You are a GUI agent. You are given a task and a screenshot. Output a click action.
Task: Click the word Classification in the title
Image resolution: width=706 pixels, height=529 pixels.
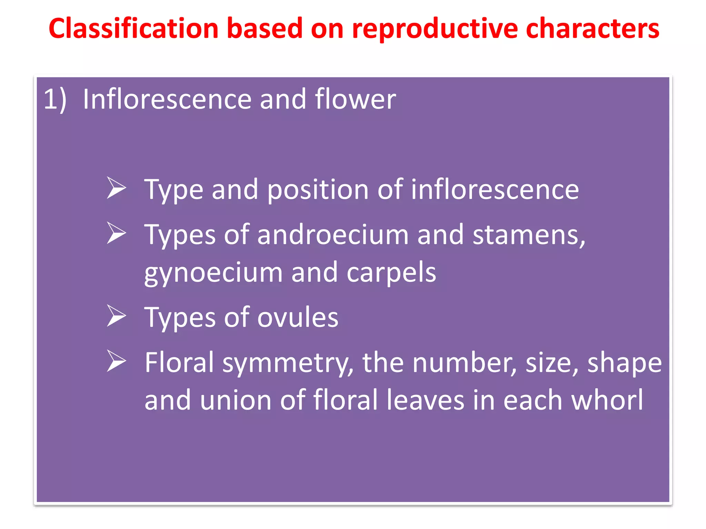click(133, 28)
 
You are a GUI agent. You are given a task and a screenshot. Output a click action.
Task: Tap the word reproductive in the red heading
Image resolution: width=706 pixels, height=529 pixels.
click(435, 28)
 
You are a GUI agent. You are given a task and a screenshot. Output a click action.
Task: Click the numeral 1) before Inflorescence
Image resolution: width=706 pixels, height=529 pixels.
click(55, 100)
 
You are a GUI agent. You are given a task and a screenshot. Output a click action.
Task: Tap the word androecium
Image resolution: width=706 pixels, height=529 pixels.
click(333, 235)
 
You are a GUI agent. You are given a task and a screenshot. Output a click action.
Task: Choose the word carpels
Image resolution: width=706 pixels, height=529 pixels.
click(391, 273)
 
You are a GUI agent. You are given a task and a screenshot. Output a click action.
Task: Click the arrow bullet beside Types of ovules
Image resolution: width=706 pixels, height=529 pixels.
click(116, 316)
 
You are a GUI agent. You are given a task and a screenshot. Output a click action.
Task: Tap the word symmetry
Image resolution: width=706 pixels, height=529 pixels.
click(287, 363)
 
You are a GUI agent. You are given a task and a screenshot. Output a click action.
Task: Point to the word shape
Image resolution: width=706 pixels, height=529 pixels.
click(624, 363)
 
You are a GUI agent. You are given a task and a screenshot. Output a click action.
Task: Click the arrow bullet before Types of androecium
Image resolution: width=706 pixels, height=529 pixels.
click(116, 233)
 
